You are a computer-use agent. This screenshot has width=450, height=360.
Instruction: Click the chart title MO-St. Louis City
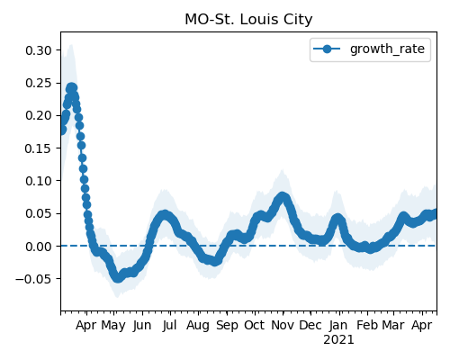point(248,20)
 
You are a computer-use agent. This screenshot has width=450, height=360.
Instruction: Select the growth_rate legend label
point(387,49)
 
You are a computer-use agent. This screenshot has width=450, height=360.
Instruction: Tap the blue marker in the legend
point(327,49)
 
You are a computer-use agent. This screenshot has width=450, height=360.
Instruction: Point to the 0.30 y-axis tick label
point(39,50)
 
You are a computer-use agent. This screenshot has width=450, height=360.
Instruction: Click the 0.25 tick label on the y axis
point(39,83)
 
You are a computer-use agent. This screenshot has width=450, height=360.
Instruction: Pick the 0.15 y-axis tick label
point(39,148)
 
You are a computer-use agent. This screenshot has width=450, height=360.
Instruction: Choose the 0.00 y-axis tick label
point(39,247)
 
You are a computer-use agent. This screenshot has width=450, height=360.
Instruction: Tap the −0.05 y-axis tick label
point(33,279)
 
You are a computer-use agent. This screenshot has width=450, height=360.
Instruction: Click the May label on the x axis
point(113,326)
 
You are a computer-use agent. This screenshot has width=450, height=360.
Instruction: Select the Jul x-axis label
point(169,325)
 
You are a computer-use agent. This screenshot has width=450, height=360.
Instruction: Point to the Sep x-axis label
point(227,326)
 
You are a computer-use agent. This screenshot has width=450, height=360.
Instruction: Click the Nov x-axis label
point(283,325)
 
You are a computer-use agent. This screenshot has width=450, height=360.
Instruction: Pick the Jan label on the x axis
point(338,325)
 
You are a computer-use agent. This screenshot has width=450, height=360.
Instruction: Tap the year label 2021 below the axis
point(338,340)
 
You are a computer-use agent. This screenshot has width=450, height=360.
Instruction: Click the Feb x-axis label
point(367,325)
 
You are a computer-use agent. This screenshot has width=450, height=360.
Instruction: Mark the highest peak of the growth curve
point(71,88)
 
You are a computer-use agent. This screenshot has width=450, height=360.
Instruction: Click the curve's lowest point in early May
point(118,278)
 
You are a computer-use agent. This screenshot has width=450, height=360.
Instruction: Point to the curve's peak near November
point(282,197)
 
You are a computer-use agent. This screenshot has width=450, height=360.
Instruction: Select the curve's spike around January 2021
point(337,219)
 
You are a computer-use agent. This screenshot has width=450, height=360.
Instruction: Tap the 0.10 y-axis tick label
point(39,181)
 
